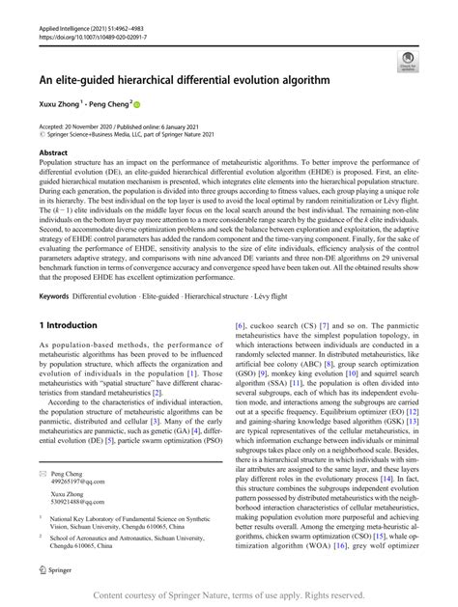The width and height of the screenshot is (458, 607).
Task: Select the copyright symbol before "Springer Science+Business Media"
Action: click(x=42, y=137)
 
